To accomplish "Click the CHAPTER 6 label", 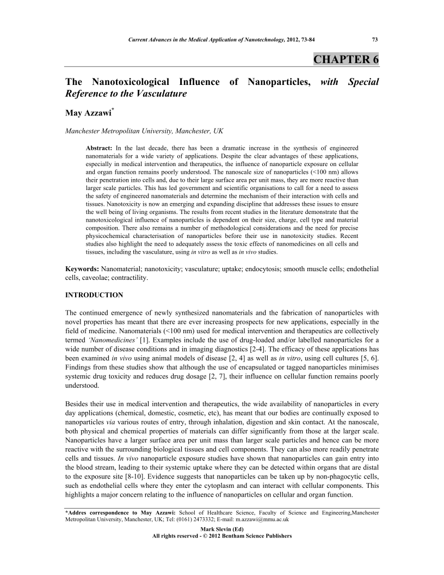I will [346, 59].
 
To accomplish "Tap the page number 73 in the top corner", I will [374, 39].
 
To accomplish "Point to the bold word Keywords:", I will [82, 270].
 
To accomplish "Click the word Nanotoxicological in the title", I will [132, 82].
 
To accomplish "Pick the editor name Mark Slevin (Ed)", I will [222, 529].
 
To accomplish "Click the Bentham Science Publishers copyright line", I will [222, 536].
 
